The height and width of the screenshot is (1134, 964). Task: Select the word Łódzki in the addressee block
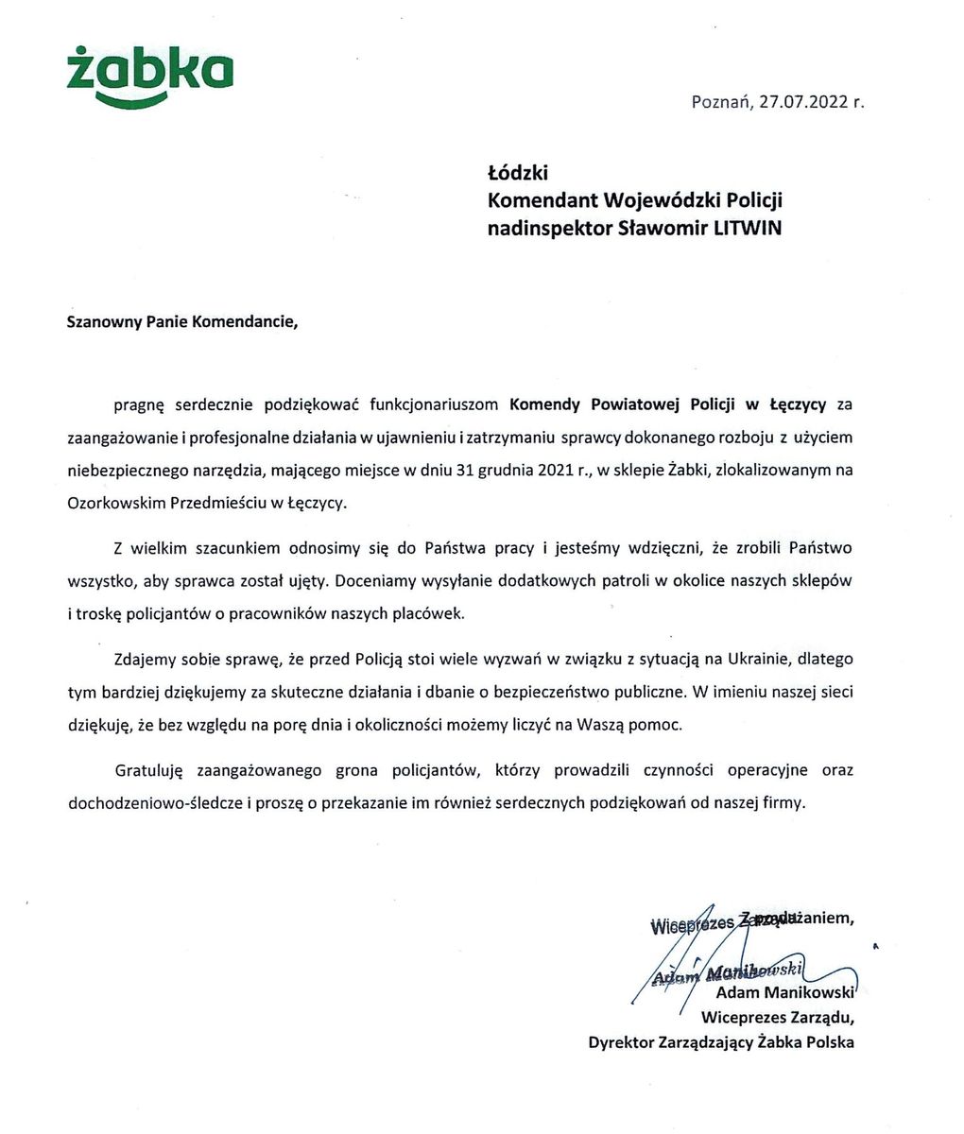[x=517, y=173]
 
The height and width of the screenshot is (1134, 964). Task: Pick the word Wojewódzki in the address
[x=642, y=200]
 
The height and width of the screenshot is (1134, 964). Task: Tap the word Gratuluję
[x=146, y=770]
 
